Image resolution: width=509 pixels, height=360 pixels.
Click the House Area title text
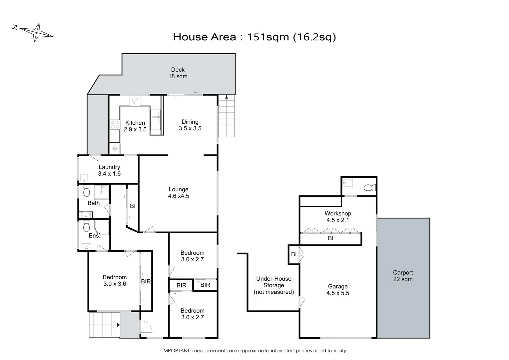pos(254,37)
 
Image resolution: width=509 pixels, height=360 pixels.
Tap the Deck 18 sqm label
pos(178,73)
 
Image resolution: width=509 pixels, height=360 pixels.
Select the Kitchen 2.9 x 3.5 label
pos(135,126)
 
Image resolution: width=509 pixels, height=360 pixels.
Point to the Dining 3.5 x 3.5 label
pos(190,125)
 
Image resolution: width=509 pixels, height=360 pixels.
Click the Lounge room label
pos(178,193)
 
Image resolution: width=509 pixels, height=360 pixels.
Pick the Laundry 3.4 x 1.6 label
pos(109,170)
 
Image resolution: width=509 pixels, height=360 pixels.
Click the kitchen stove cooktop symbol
pos(115,125)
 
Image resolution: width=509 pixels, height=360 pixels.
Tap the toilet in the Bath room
pos(87,191)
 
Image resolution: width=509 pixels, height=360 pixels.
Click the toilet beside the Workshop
pos(368,188)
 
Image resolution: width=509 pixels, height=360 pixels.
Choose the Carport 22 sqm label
pos(403,276)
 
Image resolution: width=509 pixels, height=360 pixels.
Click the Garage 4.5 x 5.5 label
pos(338,290)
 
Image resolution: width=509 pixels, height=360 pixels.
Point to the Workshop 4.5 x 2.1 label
pos(338,217)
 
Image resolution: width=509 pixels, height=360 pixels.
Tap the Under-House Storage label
pos(273,285)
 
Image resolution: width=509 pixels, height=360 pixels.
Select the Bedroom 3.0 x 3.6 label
pos(115,280)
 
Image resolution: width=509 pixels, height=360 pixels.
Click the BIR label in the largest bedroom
pos(146,281)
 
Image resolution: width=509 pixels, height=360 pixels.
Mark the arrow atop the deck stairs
pos(227,97)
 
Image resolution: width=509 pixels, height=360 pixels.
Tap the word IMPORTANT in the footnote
pos(176,351)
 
